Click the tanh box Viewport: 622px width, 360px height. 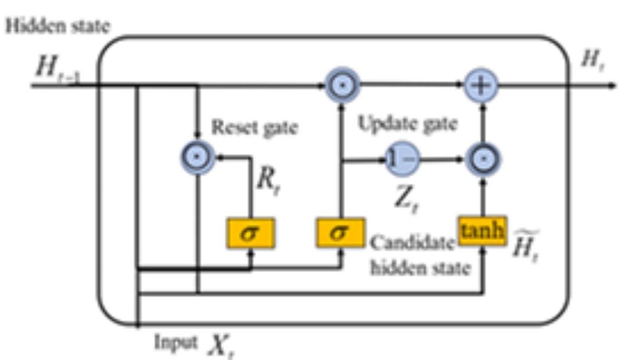coord(482,231)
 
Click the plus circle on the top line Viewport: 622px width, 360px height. coord(481,85)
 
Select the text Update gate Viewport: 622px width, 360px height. coord(407,125)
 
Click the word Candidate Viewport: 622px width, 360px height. coord(411,243)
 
